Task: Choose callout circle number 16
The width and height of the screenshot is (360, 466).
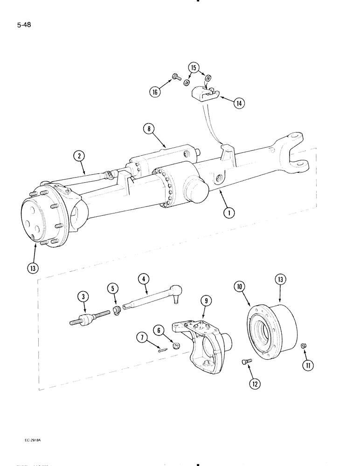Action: [x=154, y=92]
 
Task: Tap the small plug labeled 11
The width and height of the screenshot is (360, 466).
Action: [x=303, y=346]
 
